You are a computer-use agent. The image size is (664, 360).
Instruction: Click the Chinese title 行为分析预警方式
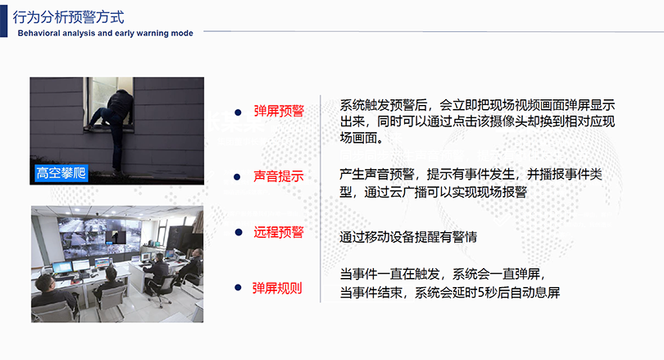pyautogui.click(x=68, y=17)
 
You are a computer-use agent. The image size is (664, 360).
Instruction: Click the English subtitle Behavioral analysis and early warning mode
pyautogui.click(x=106, y=34)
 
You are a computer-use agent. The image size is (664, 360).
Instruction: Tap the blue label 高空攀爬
pyautogui.click(x=61, y=173)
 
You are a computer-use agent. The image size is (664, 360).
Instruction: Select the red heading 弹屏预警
pyautogui.click(x=279, y=112)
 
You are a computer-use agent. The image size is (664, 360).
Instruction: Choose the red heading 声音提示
pyautogui.click(x=279, y=176)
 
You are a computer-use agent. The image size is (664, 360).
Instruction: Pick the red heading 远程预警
pyautogui.click(x=279, y=232)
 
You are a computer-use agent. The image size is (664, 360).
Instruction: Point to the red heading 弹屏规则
pyautogui.click(x=277, y=288)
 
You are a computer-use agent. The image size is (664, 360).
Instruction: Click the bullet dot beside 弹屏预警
pyautogui.click(x=238, y=112)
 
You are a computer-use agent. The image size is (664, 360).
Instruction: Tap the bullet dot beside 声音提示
pyautogui.click(x=237, y=177)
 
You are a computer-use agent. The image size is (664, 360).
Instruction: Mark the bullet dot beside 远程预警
pyautogui.click(x=239, y=232)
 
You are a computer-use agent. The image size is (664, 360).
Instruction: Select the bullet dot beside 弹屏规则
pyautogui.click(x=238, y=288)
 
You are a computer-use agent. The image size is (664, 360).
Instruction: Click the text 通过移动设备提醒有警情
pyautogui.click(x=408, y=237)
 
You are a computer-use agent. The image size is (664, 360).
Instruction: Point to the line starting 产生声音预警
pyautogui.click(x=471, y=174)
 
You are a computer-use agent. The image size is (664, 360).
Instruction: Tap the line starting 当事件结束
pyautogui.click(x=450, y=292)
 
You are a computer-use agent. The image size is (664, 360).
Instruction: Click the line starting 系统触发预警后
pyautogui.click(x=477, y=105)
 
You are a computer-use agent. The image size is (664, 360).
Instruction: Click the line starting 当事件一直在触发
pyautogui.click(x=442, y=274)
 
